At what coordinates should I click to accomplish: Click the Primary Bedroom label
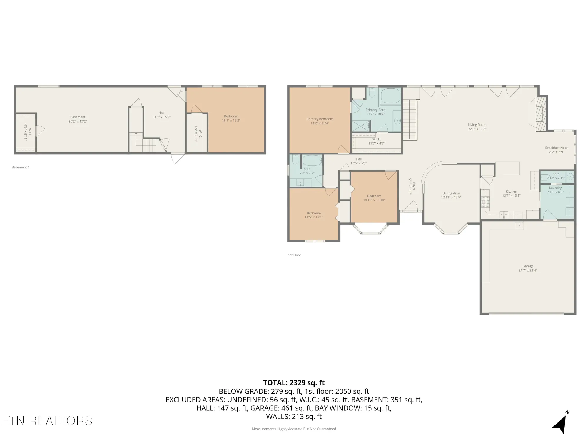coord(320,119)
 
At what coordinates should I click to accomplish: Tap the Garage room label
coord(528,266)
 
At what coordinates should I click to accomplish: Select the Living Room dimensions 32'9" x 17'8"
coord(477,129)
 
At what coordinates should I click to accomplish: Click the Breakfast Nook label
coord(557,148)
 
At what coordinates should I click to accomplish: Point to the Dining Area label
coord(451,193)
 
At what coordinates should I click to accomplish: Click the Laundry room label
coord(555,188)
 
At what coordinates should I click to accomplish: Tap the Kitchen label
coord(511,191)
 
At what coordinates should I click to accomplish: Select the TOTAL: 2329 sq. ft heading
coord(294,383)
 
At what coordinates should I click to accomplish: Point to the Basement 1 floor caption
coord(20,167)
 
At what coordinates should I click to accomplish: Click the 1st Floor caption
coord(294,255)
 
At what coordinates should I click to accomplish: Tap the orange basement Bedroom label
coord(231,116)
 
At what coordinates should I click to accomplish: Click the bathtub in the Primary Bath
coord(390,96)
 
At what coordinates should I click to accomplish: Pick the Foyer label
coord(414,186)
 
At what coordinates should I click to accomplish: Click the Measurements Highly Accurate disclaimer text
coord(294,429)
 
